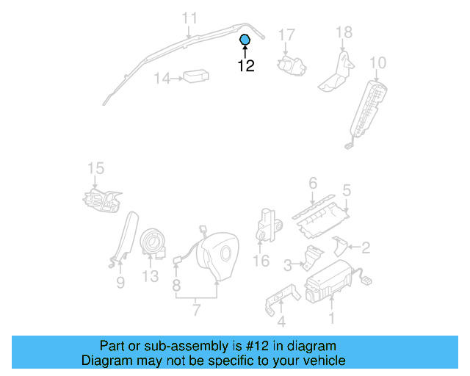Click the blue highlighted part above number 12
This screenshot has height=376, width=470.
click(x=245, y=40)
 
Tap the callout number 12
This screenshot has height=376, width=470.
click(x=245, y=65)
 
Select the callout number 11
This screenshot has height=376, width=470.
click(x=189, y=18)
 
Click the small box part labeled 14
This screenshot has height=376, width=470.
click(x=196, y=77)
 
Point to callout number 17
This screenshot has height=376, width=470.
click(x=286, y=35)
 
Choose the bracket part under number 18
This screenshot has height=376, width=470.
click(x=336, y=72)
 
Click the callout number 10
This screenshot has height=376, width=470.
click(x=377, y=62)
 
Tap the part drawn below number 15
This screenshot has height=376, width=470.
click(x=101, y=198)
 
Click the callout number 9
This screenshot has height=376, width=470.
click(x=120, y=282)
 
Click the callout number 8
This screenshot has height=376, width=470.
click(x=176, y=283)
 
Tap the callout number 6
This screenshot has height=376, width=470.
click(x=312, y=183)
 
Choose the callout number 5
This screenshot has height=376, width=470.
click(x=347, y=190)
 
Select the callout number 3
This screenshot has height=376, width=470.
click(x=289, y=264)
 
